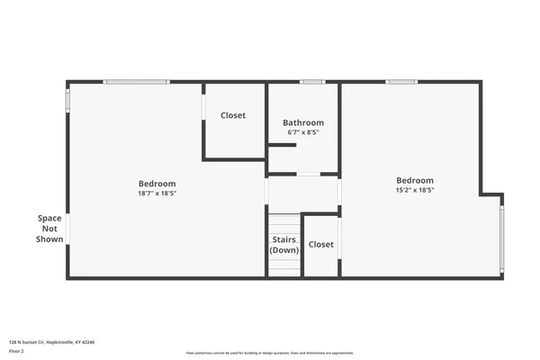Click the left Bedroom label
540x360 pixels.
157,184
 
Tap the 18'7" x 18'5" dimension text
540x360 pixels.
157,193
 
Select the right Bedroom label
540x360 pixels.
415,180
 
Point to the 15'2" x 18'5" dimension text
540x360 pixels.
415,190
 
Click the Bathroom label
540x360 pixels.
303,122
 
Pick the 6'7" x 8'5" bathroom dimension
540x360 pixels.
303,132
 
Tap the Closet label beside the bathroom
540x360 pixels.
233,115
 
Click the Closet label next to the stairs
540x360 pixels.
321,244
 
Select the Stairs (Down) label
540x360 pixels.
284,245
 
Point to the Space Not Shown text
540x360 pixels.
49,229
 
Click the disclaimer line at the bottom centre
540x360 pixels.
270,353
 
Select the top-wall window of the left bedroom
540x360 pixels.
136,82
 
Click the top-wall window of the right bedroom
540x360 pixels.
401,82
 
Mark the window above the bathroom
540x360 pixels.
312,82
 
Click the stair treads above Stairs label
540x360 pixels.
283,223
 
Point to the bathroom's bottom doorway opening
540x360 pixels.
309,173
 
